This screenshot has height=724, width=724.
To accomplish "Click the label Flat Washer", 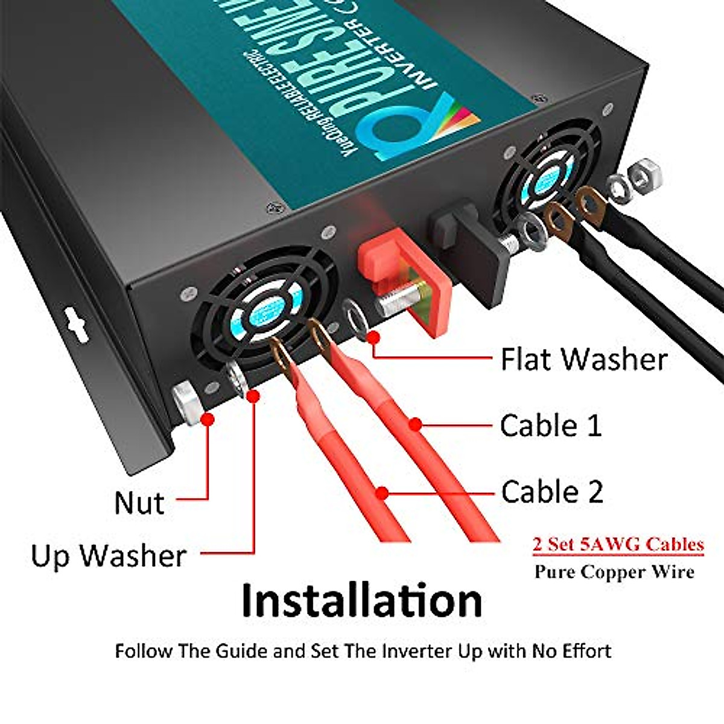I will click(x=583, y=359).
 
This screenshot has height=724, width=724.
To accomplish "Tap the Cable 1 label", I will click(x=550, y=425).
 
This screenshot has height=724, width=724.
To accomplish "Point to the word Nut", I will click(x=139, y=503).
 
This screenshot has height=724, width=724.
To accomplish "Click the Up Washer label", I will click(x=109, y=555).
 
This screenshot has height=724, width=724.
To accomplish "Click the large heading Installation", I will click(x=361, y=600).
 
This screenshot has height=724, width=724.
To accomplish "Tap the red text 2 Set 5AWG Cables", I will click(x=618, y=544).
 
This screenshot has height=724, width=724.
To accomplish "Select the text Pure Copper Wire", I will click(x=614, y=572).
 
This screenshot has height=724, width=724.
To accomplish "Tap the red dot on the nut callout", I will click(x=208, y=418).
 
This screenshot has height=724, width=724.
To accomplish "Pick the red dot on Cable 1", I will click(x=414, y=424).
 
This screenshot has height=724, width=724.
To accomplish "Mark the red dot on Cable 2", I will click(x=381, y=493).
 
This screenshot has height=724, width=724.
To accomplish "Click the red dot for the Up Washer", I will click(x=253, y=396).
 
